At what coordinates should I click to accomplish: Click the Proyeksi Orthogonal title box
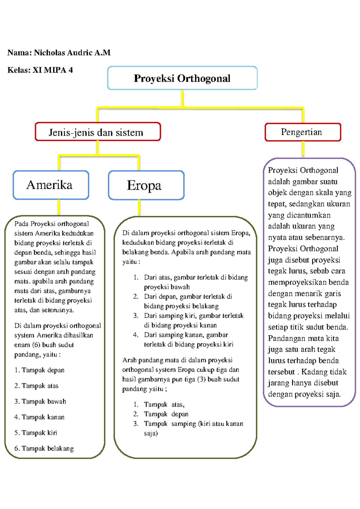[182, 78]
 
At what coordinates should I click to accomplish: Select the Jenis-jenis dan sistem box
[98, 132]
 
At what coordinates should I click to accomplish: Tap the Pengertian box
[303, 132]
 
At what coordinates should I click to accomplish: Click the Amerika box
[51, 185]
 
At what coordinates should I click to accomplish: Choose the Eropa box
[146, 185]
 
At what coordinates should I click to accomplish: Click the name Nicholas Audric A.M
[72, 53]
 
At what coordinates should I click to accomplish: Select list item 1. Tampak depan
[39, 370]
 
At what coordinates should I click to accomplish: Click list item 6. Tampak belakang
[44, 448]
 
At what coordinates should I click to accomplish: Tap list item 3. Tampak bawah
[40, 402]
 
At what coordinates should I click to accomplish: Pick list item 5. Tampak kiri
[36, 433]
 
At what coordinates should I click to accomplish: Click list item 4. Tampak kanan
[39, 417]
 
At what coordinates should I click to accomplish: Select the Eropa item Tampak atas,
[164, 405]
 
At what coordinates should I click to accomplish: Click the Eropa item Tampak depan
[166, 414]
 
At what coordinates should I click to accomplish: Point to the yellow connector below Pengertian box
[303, 149]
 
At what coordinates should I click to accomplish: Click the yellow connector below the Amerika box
[58, 207]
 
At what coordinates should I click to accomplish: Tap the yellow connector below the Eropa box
[139, 207]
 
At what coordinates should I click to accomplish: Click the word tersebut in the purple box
[281, 372]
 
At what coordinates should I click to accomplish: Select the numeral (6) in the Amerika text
[36, 345]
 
